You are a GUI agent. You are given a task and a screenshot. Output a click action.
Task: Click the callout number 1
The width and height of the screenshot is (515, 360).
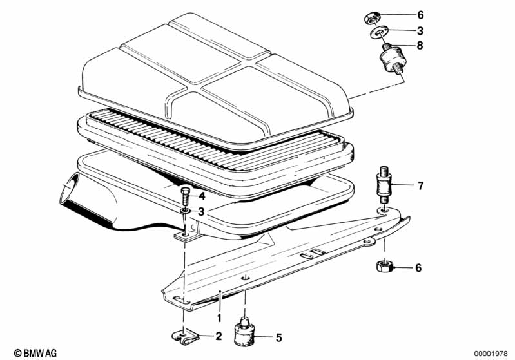219,317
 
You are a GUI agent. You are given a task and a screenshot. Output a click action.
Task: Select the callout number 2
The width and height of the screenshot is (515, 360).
219,336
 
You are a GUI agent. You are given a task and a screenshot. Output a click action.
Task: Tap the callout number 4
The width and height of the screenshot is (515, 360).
202,196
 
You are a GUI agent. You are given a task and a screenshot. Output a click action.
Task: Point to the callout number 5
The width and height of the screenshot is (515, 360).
278,337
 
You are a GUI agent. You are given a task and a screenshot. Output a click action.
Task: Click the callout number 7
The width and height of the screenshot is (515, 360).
421,186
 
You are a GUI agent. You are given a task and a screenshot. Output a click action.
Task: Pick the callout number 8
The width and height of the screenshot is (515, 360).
420,45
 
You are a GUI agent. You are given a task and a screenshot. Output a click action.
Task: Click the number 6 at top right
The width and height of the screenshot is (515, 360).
420,15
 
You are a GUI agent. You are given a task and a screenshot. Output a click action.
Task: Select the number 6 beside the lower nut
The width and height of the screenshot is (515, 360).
418,268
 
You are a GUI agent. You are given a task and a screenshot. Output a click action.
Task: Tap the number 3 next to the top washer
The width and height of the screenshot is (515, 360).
420,31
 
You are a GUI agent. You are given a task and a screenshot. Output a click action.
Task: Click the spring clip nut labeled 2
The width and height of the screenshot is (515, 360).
186,336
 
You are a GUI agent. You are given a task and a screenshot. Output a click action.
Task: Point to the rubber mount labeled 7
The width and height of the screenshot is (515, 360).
384,185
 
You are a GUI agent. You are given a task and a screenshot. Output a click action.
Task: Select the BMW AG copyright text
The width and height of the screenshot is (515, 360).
35,353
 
